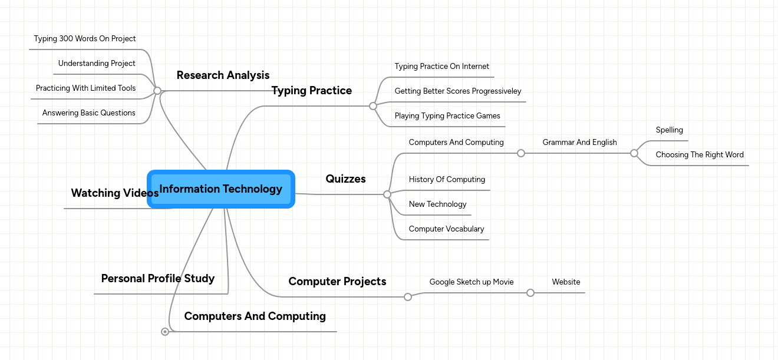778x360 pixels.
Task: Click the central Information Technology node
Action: pos(221,189)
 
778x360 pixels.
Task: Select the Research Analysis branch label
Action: pos(223,75)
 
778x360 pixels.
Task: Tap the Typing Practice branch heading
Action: pos(311,91)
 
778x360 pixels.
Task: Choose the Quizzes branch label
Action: pos(345,179)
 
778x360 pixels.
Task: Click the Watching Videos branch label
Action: pos(114,193)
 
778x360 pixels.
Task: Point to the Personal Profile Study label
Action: pos(157,279)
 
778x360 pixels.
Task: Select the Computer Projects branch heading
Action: pos(337,282)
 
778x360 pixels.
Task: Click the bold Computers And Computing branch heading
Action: pos(255,316)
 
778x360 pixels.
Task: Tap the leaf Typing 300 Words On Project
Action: pos(85,39)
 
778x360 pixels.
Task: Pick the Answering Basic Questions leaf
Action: pos(89,113)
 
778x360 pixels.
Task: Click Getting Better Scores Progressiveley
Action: pos(458,91)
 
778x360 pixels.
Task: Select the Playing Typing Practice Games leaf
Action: pos(447,116)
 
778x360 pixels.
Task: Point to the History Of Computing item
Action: pos(447,180)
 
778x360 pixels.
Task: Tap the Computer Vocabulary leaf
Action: pos(446,229)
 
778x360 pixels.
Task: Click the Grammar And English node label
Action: pos(579,143)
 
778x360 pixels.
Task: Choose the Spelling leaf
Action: pos(669,130)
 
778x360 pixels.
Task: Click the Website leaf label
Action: pos(566,282)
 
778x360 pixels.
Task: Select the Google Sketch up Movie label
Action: pos(472,282)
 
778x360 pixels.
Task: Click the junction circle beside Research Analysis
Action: pos(157,91)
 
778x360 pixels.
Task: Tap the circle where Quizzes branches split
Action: pos(387,194)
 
